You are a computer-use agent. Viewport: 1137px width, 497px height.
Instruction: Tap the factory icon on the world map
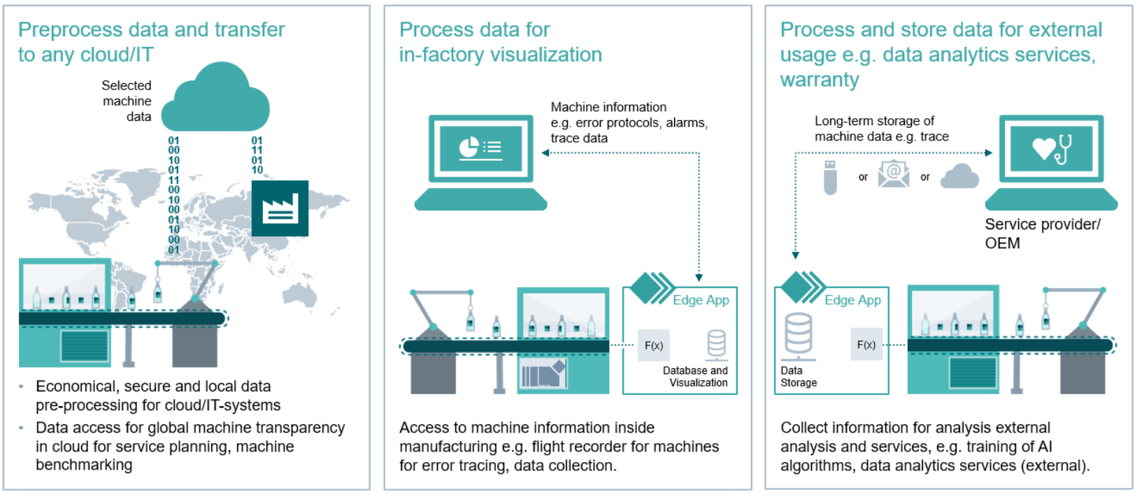click(x=280, y=208)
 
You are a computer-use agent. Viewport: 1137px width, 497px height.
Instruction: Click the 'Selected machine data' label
click(x=127, y=101)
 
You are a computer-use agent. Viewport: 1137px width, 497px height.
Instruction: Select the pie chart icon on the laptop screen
click(x=469, y=147)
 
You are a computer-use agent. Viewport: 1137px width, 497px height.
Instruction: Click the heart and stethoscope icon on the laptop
click(x=1051, y=147)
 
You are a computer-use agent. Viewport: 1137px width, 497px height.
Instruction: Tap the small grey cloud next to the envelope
click(x=959, y=176)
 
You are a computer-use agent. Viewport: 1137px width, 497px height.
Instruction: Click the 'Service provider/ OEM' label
click(x=1042, y=233)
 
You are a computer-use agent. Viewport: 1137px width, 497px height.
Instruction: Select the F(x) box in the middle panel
click(x=653, y=345)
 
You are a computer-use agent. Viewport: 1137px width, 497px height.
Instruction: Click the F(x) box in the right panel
click(x=866, y=345)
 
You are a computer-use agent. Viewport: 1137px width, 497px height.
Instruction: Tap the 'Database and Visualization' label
click(x=695, y=377)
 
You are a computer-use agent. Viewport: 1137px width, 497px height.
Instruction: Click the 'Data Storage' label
click(x=799, y=377)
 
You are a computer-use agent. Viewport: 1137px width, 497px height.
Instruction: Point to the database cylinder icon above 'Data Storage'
click(x=799, y=333)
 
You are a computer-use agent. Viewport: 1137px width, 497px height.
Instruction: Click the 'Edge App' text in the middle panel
click(x=701, y=300)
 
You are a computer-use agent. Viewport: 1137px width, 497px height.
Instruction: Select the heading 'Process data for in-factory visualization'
click(x=500, y=42)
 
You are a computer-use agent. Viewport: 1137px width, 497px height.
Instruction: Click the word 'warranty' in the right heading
click(x=820, y=80)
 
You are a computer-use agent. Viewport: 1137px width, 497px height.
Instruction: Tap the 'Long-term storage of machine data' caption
click(x=881, y=129)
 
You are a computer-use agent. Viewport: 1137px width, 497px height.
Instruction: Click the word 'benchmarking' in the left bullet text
click(x=84, y=465)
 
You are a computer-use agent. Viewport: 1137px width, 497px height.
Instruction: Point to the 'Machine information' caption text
click(x=608, y=107)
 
